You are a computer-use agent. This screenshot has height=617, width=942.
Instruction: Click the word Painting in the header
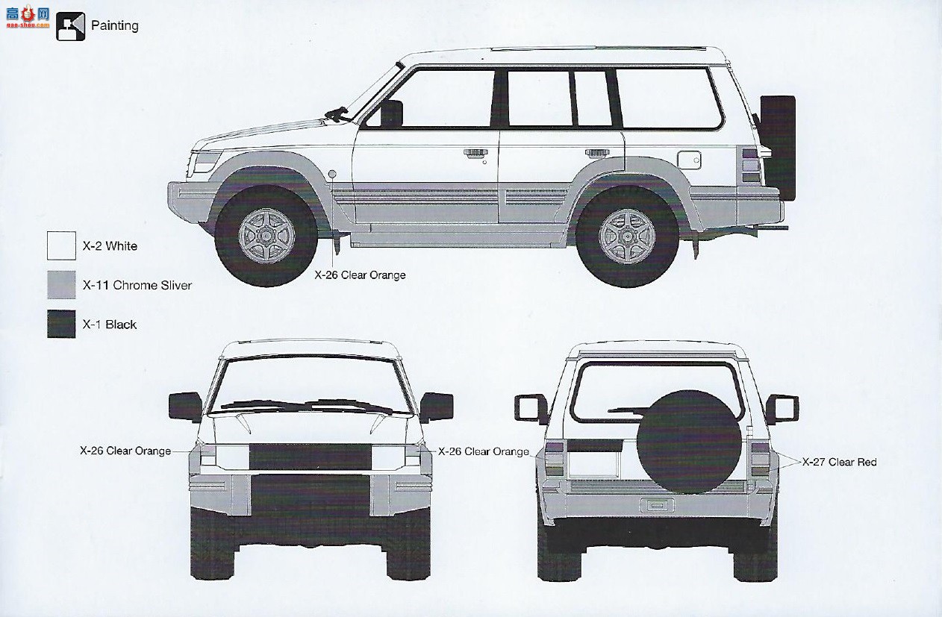tap(114, 26)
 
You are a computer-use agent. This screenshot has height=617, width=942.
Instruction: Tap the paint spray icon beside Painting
tap(71, 26)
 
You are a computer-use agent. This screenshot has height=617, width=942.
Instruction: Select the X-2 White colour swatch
tap(61, 245)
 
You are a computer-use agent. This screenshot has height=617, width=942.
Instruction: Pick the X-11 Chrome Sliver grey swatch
tap(61, 284)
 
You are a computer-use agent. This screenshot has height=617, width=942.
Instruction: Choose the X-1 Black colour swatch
tap(61, 324)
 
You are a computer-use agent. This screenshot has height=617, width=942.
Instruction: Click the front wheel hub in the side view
tap(266, 237)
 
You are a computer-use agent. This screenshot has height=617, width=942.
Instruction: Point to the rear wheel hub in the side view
tap(627, 237)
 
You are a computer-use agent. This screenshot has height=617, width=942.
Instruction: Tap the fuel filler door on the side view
tap(689, 160)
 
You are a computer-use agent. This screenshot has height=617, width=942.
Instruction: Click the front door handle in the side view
tap(475, 153)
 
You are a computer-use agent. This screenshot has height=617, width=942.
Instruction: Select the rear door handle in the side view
tap(597, 152)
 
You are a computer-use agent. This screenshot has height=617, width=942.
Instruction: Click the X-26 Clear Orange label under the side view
tap(360, 275)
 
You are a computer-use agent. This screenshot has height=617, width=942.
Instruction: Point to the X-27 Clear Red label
tap(840, 462)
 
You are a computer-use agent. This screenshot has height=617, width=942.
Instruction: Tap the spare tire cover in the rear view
tap(689, 442)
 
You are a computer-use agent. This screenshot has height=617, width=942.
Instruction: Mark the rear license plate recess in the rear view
tap(657, 505)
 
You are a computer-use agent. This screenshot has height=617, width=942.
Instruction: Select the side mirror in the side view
tap(391, 113)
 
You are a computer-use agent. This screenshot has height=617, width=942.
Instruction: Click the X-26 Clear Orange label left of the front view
tap(125, 451)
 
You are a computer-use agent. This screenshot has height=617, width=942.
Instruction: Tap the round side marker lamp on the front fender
tap(332, 174)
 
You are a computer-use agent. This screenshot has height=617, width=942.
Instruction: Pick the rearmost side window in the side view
tap(670, 98)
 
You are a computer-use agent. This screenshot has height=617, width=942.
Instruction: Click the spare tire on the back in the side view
tap(778, 148)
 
